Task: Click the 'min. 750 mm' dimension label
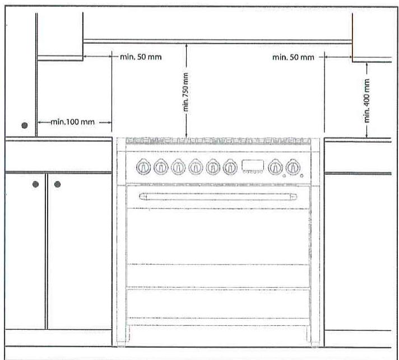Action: (185, 92)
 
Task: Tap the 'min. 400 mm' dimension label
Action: (366, 100)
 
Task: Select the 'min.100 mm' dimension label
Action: (72, 122)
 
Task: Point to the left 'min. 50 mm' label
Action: (141, 57)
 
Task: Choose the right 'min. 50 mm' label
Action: (293, 57)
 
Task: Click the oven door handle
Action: (218, 197)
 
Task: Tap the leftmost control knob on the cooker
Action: (143, 167)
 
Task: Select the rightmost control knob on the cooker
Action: (293, 167)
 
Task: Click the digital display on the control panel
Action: (253, 166)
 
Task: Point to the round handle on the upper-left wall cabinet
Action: (25, 125)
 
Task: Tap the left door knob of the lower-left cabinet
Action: (36, 184)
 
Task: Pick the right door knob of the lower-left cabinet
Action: (57, 184)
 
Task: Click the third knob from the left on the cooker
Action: (178, 167)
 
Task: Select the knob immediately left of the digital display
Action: (230, 167)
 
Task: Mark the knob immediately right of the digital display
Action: (275, 167)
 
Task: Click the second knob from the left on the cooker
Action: (161, 167)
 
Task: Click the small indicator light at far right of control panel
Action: (301, 176)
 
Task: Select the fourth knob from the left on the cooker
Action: (196, 167)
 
